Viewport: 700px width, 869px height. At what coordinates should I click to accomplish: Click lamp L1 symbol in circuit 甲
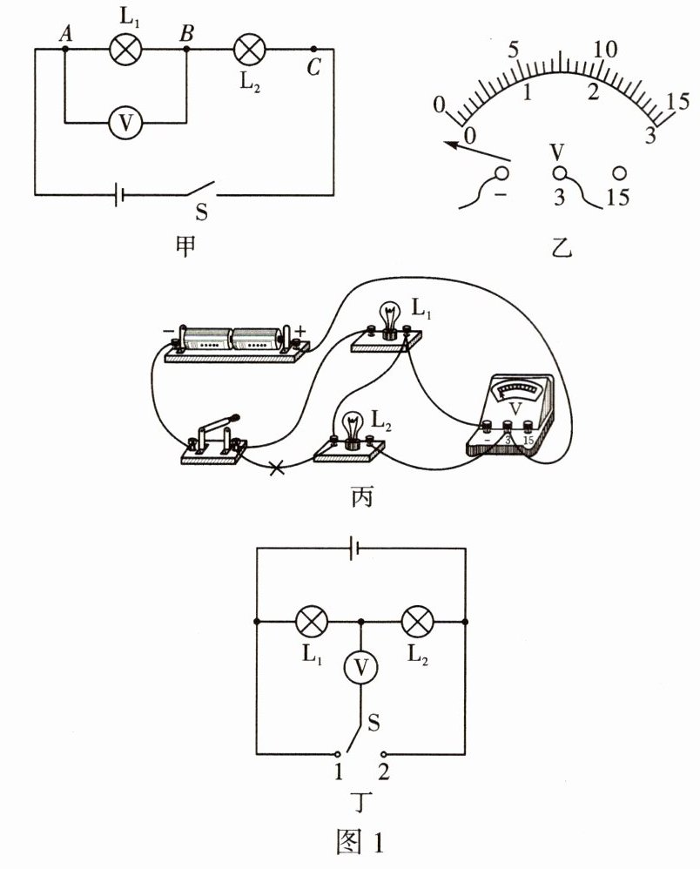125,49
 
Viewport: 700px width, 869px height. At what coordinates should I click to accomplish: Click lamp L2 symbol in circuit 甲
251,49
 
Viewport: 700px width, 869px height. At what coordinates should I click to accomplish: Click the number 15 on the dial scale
677,100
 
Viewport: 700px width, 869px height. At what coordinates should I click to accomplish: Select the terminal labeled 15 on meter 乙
620,173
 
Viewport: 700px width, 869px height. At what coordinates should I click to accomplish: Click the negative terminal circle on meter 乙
502,172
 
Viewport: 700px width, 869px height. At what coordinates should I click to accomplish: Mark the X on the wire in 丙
277,468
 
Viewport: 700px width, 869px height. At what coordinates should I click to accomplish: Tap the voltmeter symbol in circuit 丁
361,668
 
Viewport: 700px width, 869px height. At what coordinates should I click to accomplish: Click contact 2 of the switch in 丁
383,753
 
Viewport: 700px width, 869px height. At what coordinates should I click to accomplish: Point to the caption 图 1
360,842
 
